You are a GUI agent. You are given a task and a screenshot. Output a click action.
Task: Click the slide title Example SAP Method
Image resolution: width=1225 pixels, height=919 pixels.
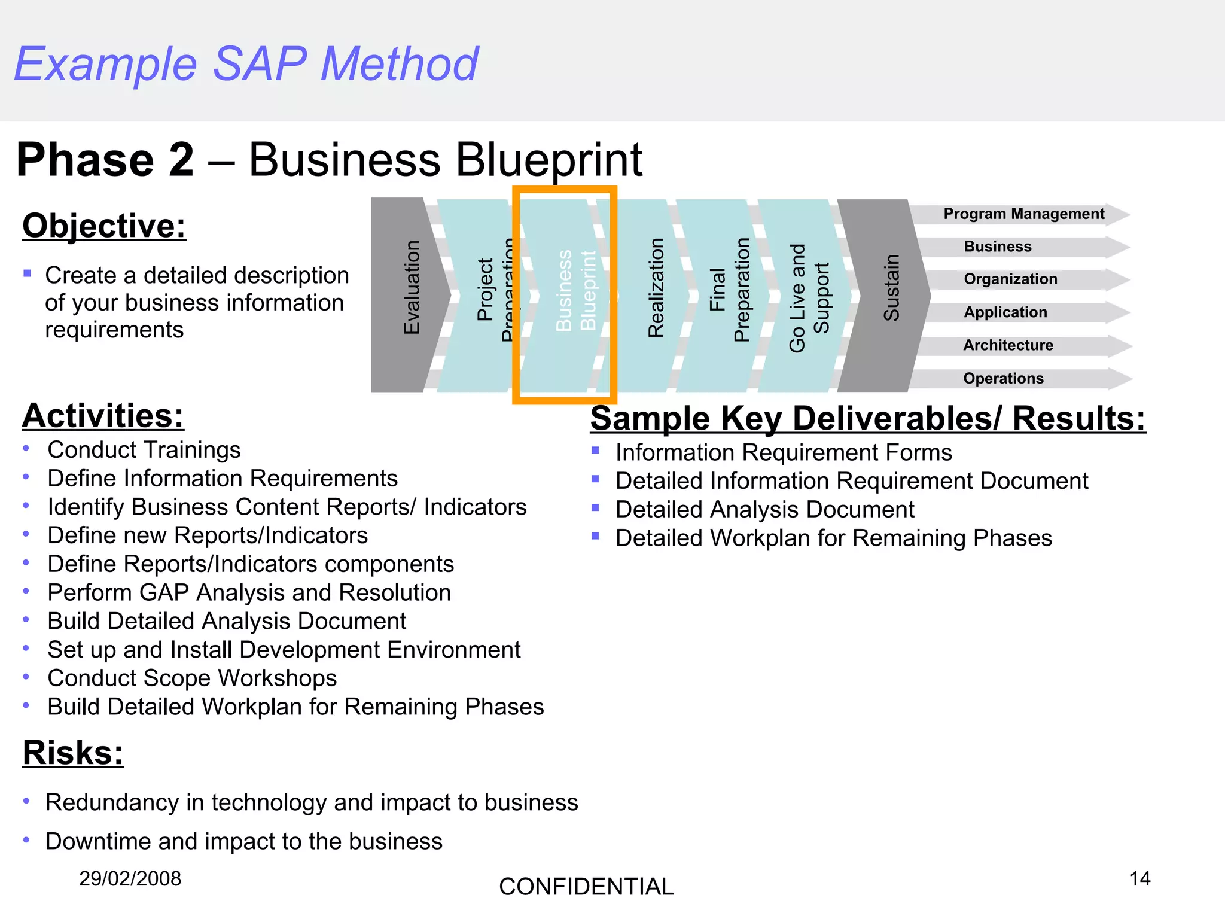tap(246, 64)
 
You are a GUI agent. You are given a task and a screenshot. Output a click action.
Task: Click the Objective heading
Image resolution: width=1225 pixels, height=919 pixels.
tap(104, 226)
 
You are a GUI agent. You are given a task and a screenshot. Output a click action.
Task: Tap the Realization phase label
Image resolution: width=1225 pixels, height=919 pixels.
tap(656, 288)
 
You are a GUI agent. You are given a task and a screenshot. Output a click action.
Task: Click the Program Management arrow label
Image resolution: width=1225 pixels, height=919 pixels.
tap(1023, 214)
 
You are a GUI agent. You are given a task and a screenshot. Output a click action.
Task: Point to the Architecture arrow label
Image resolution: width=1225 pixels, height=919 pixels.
tap(1008, 345)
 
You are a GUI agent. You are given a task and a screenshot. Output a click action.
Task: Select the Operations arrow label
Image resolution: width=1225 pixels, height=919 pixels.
tap(1003, 379)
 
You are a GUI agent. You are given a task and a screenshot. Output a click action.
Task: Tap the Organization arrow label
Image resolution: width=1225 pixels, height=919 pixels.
tap(1010, 279)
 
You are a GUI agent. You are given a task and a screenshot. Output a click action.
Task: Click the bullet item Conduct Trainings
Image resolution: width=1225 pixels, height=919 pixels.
tap(144, 450)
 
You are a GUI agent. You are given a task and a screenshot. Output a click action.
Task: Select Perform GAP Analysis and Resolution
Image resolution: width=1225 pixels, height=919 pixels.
tap(249, 593)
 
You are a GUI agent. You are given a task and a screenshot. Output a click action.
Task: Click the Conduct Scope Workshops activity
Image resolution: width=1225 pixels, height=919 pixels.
tap(192, 678)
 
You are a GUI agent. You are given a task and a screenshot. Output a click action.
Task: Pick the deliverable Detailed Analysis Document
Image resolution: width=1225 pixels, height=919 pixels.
tap(764, 510)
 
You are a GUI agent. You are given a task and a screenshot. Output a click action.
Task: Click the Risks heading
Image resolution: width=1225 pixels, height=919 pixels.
tap(73, 753)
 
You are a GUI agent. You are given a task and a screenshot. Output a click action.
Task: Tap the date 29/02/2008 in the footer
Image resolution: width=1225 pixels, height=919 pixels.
tap(130, 879)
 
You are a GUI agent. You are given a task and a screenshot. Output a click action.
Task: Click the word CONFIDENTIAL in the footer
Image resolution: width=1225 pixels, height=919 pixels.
tap(586, 887)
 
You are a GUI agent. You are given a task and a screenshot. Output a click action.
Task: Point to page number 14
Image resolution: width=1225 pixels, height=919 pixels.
tap(1139, 879)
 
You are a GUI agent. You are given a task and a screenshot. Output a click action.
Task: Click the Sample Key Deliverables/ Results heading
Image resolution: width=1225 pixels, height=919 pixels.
tap(867, 418)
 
